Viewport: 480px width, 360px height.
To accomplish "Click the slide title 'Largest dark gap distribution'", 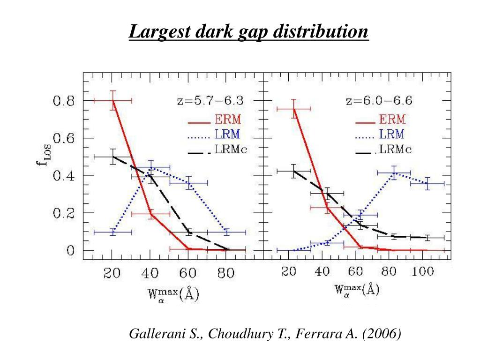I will click(x=249, y=32).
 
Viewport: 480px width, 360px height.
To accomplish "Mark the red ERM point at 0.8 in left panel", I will click(x=113, y=100).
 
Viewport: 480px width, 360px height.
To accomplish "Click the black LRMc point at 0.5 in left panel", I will click(x=113, y=157).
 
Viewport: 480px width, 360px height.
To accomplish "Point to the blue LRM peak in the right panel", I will click(x=394, y=173).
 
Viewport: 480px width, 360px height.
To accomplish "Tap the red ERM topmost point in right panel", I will click(x=294, y=109).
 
